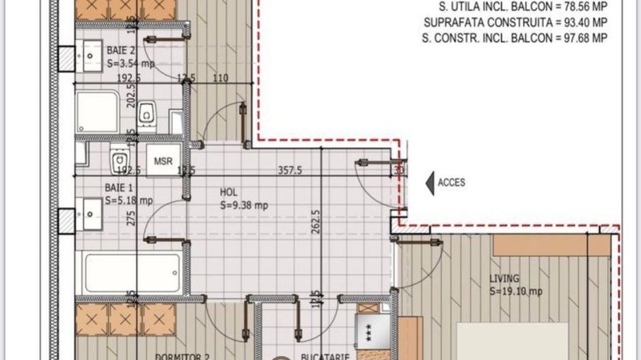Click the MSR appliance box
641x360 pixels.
point(163,161)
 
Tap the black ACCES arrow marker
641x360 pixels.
point(430,182)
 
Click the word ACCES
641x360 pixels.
point(451,182)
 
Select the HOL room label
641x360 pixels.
point(228,192)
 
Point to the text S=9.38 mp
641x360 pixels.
point(243,204)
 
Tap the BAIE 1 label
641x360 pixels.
point(119,187)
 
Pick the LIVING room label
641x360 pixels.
point(504,278)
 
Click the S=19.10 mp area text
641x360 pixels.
point(516,291)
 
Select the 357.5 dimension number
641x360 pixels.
point(290,170)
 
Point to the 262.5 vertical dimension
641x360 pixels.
point(315,221)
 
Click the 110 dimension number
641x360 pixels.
point(220,78)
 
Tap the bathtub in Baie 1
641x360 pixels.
point(133,273)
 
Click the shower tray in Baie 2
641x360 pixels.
point(97,112)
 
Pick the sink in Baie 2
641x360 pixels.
point(90,51)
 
